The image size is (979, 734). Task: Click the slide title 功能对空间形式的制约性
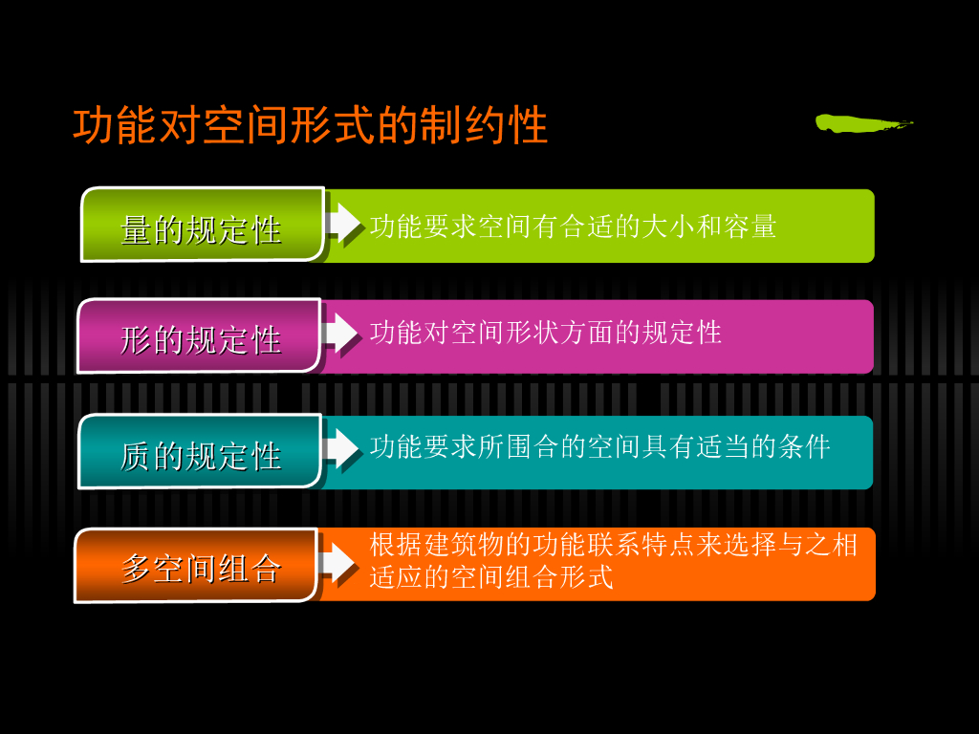pyautogui.click(x=311, y=126)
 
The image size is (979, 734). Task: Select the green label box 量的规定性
pyautogui.click(x=202, y=226)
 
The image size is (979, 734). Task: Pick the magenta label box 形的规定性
pyautogui.click(x=199, y=336)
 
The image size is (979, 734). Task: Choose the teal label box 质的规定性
pyautogui.click(x=199, y=452)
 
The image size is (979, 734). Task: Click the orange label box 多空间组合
pyautogui.click(x=196, y=566)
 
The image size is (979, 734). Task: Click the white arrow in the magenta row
pyautogui.click(x=341, y=332)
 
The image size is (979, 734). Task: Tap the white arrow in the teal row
pyautogui.click(x=341, y=447)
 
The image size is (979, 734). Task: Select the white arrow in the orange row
pyautogui.click(x=337, y=561)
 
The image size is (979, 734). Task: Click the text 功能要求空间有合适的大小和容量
pyautogui.click(x=573, y=227)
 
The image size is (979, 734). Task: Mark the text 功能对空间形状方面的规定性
pyautogui.click(x=545, y=333)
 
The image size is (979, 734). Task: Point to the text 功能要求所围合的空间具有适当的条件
pyautogui.click(x=599, y=446)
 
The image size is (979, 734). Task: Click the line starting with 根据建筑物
pyautogui.click(x=613, y=546)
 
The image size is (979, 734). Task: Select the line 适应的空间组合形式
pyautogui.click(x=490, y=577)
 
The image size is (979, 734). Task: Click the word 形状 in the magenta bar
pyautogui.click(x=518, y=333)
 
